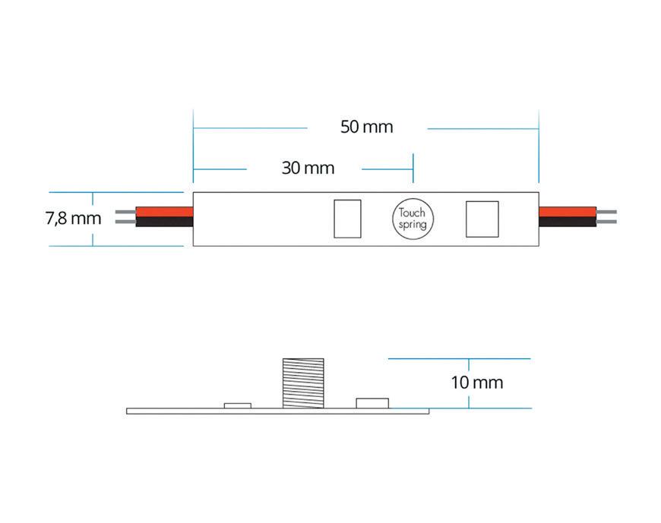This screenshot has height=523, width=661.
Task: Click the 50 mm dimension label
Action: [367, 127]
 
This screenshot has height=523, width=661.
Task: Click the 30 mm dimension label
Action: [308, 168]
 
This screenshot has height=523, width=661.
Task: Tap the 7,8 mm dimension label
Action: [73, 219]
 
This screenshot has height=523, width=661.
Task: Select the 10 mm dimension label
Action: [476, 382]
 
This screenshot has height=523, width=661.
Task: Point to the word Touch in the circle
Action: [413, 213]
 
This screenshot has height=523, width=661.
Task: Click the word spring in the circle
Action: [413, 225]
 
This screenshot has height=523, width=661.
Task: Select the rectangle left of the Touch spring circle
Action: [347, 218]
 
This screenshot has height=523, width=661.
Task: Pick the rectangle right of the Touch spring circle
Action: [482, 218]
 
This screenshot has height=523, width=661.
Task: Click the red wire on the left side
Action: [164, 210]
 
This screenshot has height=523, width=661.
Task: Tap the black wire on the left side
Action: [164, 222]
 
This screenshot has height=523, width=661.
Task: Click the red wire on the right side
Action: [568, 210]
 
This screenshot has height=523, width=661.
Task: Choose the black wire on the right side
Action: [568, 222]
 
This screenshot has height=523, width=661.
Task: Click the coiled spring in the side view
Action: [299, 383]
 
